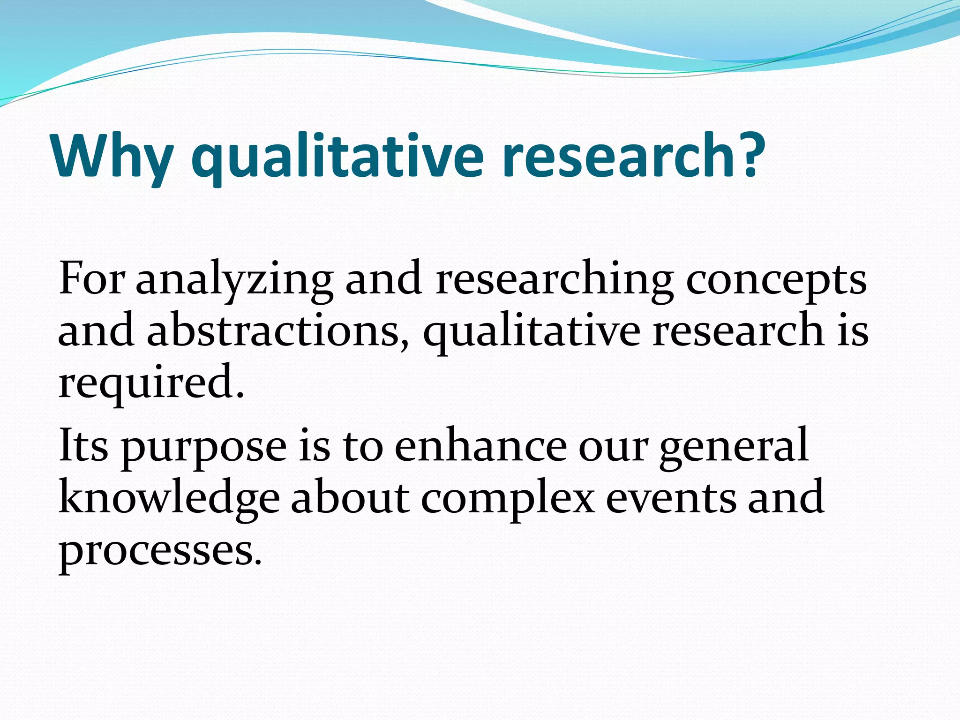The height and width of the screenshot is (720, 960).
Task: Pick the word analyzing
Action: tap(234, 281)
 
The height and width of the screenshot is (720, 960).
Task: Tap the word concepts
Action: tap(776, 281)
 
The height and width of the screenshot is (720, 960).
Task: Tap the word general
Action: tap(734, 448)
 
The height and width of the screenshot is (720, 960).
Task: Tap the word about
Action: tap(350, 497)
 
